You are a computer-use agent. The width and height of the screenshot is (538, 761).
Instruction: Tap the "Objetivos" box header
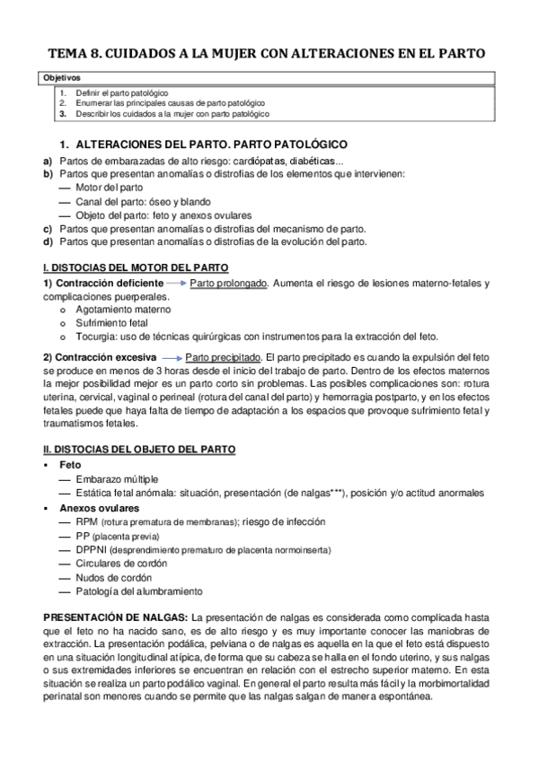[62, 79]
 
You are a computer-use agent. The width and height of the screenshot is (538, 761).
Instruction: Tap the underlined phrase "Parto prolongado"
[229, 284]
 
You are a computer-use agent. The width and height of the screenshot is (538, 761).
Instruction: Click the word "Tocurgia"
[96, 337]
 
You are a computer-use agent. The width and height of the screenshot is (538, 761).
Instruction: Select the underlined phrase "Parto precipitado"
[221, 357]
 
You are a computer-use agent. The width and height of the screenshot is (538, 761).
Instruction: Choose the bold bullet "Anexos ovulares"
[99, 507]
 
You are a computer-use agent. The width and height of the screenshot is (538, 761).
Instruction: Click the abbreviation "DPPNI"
[94, 549]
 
